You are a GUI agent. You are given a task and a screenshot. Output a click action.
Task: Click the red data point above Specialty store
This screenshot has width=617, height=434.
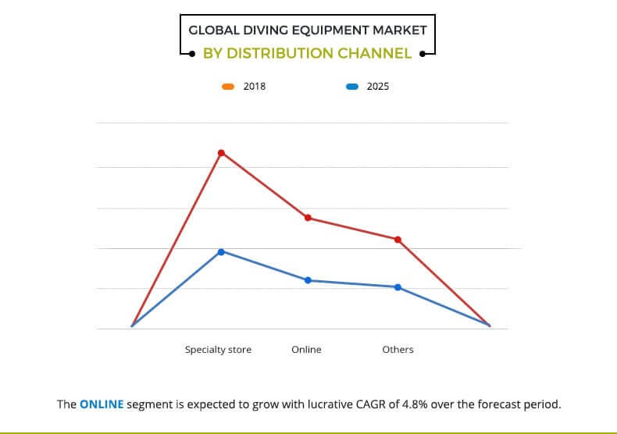(221, 152)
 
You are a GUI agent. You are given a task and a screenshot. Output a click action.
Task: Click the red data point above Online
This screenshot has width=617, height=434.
(308, 218)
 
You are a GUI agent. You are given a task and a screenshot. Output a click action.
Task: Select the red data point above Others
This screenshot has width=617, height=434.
(398, 240)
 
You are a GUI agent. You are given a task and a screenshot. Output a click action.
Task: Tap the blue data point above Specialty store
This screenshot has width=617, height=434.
(221, 251)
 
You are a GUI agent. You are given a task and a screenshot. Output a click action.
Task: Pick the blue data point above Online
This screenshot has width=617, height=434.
(308, 280)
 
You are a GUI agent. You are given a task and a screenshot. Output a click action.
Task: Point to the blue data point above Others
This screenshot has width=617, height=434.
(398, 287)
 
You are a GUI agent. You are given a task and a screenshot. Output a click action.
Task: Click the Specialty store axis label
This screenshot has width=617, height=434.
(218, 350)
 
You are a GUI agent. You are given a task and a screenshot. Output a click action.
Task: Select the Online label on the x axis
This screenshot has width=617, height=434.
(306, 350)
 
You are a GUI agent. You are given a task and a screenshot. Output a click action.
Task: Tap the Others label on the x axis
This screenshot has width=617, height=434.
(398, 350)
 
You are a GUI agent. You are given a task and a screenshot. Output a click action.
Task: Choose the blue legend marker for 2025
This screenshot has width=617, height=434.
(351, 87)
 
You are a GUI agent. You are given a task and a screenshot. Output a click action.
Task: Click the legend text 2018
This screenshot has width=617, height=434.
(255, 87)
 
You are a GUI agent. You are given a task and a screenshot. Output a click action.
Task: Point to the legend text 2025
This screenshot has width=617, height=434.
(377, 87)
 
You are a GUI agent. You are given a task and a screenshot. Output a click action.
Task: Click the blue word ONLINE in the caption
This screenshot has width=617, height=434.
(102, 405)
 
